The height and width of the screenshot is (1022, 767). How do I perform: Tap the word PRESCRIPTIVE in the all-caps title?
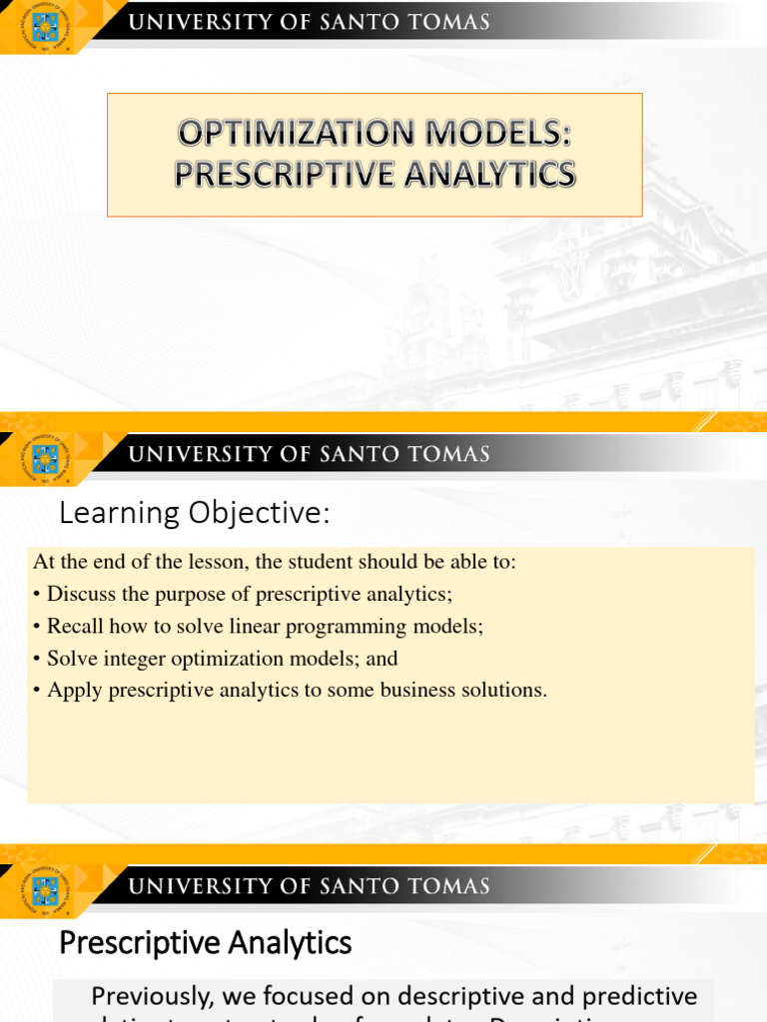click(x=275, y=176)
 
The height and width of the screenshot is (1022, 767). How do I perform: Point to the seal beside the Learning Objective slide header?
click(x=45, y=458)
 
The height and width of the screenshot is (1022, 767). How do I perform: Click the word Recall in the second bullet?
click(x=74, y=627)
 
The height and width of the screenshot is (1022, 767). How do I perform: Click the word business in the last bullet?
click(x=420, y=691)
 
